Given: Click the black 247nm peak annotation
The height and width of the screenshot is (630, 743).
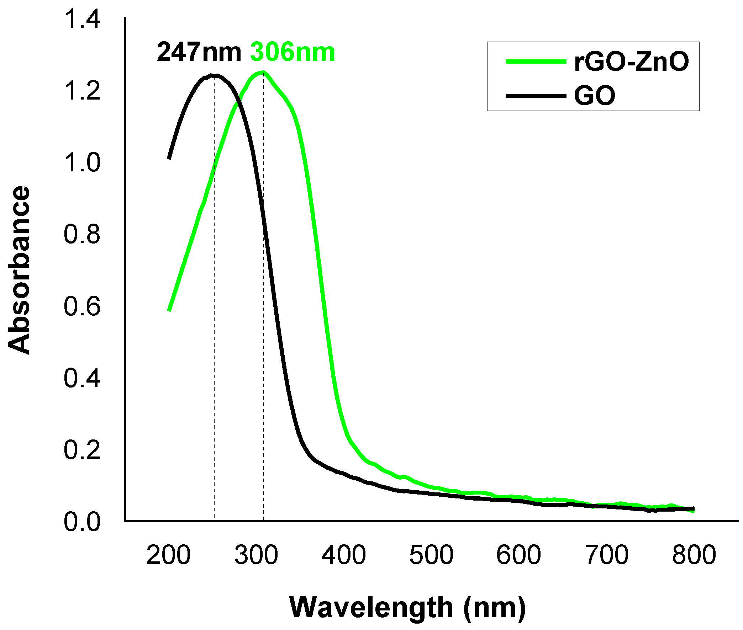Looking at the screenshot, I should [199, 53].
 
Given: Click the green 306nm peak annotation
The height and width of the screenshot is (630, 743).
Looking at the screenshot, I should [293, 53].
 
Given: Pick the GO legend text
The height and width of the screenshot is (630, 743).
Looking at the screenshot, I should [595, 96].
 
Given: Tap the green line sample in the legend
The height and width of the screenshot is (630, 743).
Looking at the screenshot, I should [536, 62].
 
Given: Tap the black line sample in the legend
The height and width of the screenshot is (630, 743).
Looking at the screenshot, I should [536, 96].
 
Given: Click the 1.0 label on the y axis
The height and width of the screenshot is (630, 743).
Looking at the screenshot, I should [82, 163].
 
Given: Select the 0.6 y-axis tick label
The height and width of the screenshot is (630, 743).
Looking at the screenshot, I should [82, 306].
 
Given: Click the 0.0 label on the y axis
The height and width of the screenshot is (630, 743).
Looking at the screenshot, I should [82, 522].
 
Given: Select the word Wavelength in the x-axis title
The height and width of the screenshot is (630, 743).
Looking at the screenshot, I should [371, 607].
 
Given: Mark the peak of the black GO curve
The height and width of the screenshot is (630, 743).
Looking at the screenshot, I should [214, 75].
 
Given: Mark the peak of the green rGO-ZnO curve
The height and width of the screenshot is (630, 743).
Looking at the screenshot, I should [262, 73].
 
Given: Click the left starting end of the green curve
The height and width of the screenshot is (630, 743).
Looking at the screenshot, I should [169, 310].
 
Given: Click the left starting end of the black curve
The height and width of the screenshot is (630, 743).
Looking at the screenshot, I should [169, 158].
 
